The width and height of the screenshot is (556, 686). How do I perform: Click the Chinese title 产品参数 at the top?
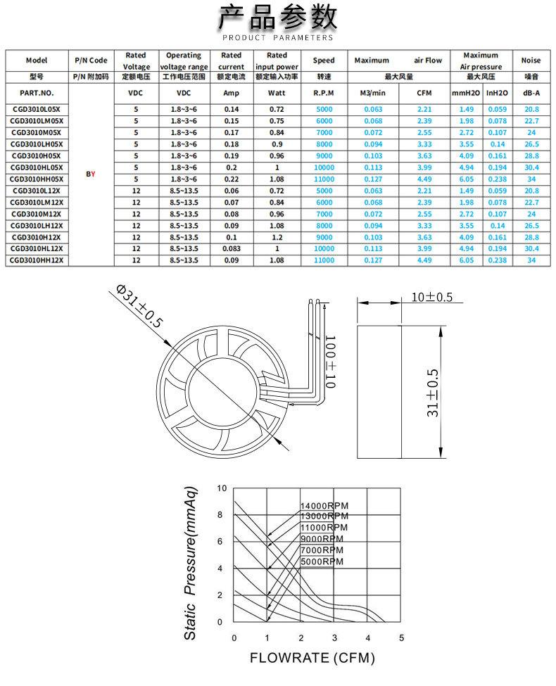point(277,16)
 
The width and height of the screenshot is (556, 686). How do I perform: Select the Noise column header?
point(531,61)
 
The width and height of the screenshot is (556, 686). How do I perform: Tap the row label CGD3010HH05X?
point(37,179)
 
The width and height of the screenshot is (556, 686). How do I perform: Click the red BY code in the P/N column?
point(90,173)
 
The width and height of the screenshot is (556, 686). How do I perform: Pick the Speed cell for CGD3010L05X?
point(324,109)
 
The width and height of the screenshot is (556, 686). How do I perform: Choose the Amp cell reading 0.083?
point(231,248)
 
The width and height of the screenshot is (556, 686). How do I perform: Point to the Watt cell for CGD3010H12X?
point(277,237)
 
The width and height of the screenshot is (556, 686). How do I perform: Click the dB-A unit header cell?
point(531,93)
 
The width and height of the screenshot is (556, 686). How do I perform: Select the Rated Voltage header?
point(135,61)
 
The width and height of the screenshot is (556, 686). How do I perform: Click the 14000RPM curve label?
point(324,506)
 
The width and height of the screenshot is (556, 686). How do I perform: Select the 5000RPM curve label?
point(322,561)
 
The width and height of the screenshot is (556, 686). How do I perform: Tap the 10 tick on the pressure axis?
point(222,488)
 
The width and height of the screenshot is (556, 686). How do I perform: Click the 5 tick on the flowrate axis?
point(401,638)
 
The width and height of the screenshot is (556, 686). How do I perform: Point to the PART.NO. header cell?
point(37,93)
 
